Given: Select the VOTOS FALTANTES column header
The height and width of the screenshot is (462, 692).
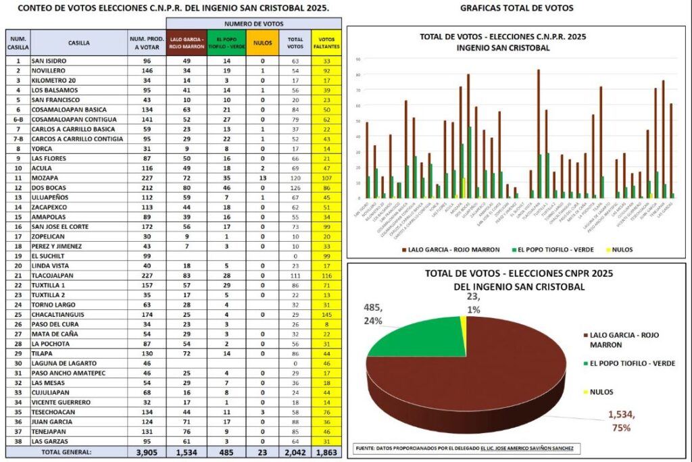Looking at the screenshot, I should (327, 43).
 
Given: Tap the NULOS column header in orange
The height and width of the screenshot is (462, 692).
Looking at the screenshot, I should (262, 43).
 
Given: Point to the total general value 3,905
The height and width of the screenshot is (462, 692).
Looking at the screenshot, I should (146, 452).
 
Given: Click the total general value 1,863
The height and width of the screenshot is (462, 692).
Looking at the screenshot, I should (327, 452).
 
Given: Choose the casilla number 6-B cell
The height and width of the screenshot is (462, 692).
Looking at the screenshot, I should (18, 118).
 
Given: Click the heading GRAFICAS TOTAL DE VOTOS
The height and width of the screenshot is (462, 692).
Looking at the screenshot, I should (516, 8).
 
